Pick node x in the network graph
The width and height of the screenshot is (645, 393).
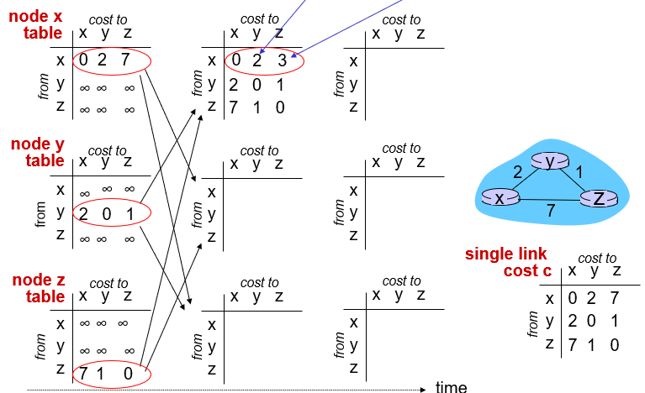coord(500,197)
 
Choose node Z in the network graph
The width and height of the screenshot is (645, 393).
coord(598,197)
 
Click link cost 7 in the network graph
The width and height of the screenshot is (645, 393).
coord(550,212)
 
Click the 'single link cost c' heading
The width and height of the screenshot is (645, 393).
coord(505,262)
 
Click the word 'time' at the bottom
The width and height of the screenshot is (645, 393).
coord(451,386)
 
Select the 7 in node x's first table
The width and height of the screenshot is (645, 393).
coord(124,60)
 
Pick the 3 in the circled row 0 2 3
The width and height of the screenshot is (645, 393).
coord(283,60)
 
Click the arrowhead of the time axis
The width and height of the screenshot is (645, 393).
coord(422,389)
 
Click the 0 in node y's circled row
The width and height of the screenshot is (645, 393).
coord(107,213)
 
